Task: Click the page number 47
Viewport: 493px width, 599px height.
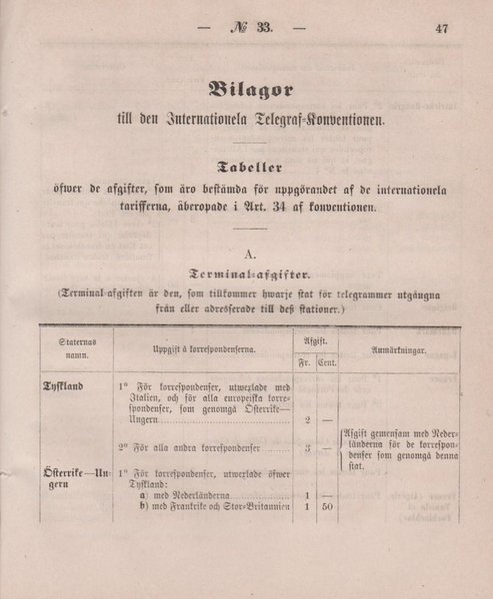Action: pos(442,29)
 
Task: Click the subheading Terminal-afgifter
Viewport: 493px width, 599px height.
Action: pos(247,274)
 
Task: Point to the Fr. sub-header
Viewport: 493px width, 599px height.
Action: pos(302,362)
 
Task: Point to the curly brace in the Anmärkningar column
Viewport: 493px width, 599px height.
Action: pos(340,447)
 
